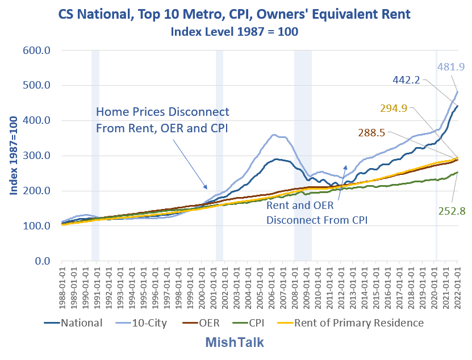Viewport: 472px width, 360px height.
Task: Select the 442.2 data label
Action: tap(406, 81)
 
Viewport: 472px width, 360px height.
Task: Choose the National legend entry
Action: tap(74, 323)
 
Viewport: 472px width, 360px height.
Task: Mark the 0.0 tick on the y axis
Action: tap(43, 261)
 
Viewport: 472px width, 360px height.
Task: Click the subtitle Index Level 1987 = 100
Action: tap(235, 32)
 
